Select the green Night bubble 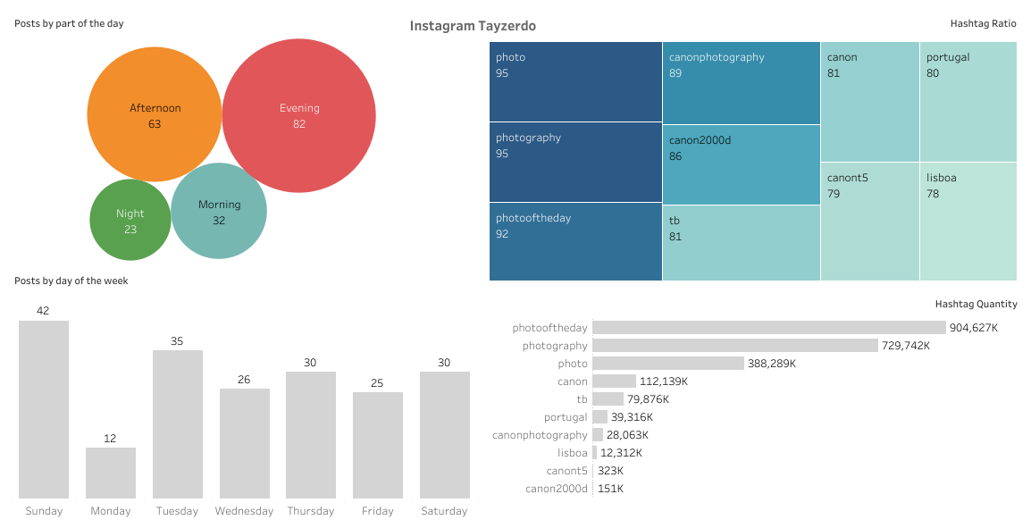[130, 220]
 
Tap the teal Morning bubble [219, 211]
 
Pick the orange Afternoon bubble [155, 115]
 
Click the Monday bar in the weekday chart [111, 473]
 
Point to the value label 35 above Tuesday [177, 341]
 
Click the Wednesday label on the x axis [244, 511]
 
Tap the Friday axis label [378, 511]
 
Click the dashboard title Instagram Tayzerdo [473, 26]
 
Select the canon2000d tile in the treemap [742, 164]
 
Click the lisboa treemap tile [968, 221]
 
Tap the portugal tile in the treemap [968, 101]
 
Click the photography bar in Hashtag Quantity [734, 346]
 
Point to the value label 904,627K [973, 328]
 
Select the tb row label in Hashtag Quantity [582, 399]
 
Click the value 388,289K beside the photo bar [771, 364]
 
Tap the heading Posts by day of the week [71, 281]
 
